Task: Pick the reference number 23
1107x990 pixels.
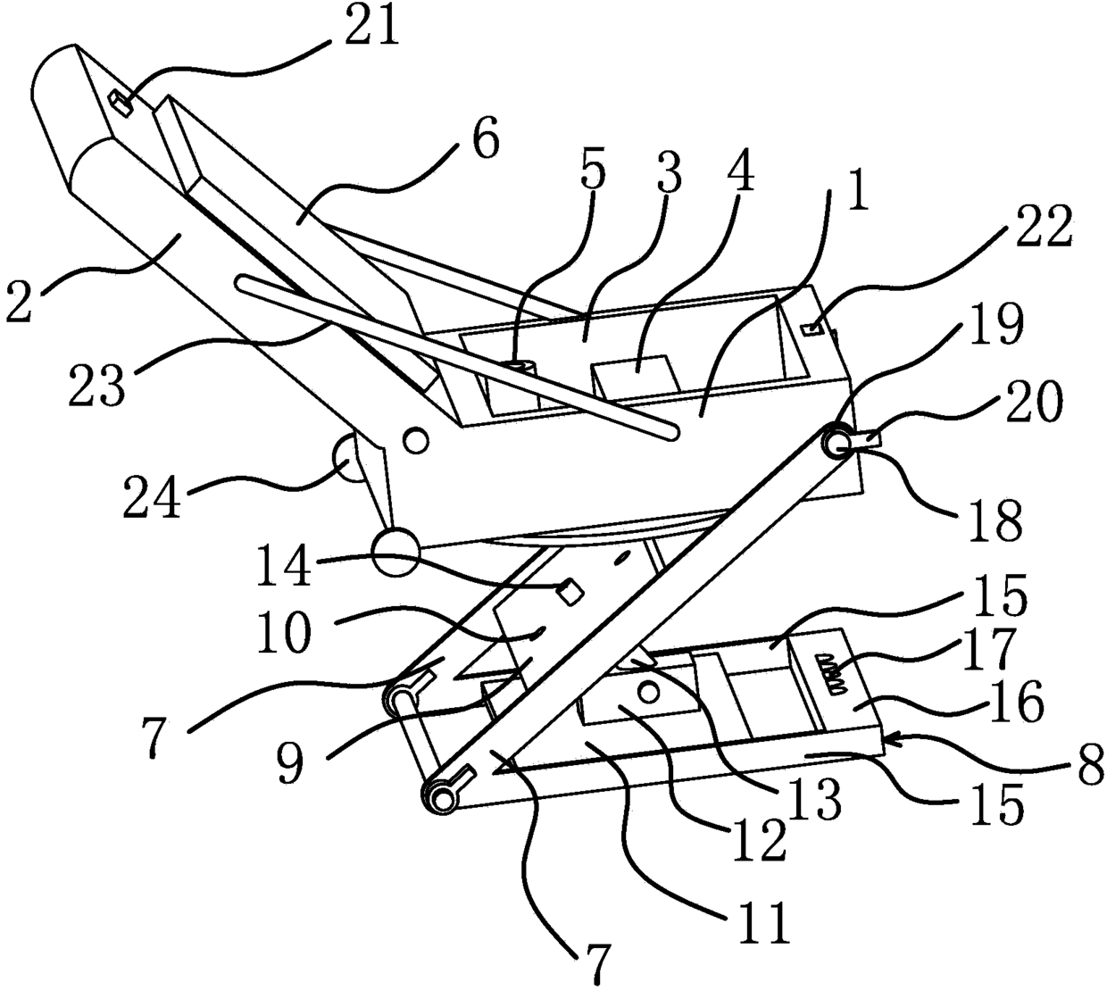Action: click(x=97, y=382)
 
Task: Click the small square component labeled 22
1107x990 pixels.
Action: click(x=812, y=330)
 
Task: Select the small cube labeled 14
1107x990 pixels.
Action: click(x=569, y=589)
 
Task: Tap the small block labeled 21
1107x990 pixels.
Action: click(x=119, y=102)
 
